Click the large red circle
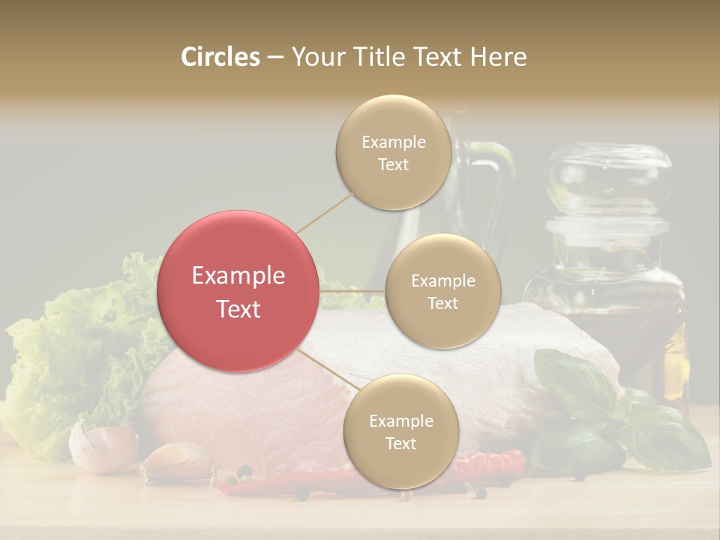[x=237, y=291]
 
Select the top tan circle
[x=393, y=152]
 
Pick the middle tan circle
[x=442, y=291]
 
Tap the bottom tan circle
[x=400, y=431]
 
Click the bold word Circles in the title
[x=220, y=57]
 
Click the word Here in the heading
[x=498, y=57]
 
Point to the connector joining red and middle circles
[x=352, y=290]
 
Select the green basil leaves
[x=645, y=420]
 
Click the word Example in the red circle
[x=238, y=276]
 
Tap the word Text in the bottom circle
[x=400, y=443]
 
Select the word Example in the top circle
[x=393, y=142]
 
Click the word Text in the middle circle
[x=442, y=303]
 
